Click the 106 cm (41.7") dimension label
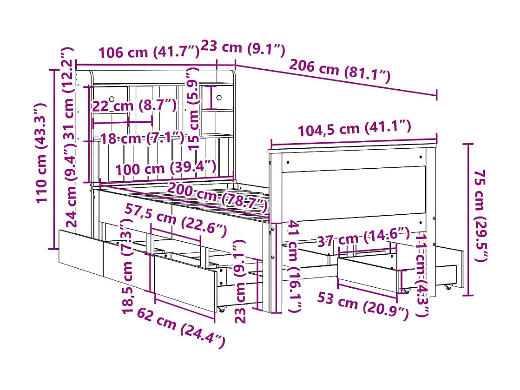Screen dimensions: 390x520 148,52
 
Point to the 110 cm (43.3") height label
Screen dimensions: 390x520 42,153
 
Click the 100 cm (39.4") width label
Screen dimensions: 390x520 165,168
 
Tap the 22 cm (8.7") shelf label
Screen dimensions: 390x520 134,106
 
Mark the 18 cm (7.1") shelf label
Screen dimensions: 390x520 142,138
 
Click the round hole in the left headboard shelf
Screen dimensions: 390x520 112,98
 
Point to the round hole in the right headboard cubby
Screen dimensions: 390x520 218,98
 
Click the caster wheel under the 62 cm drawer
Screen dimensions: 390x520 221,309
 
